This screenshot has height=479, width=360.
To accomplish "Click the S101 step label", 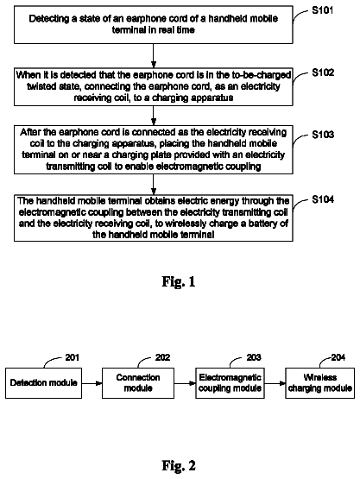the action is (322, 10).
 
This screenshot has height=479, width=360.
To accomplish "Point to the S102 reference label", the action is (323, 72).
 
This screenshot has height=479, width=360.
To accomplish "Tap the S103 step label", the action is (323, 135).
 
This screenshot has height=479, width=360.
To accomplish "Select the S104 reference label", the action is (323, 199).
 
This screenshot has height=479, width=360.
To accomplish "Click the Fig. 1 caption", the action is (179, 281).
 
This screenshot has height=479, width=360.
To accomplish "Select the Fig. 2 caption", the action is (179, 465).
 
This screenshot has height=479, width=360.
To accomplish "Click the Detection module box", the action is (43, 383).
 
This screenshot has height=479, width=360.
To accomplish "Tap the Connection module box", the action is (138, 383).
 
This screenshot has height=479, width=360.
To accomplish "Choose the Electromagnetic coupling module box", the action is (230, 383).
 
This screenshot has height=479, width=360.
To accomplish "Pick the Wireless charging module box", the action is (320, 383).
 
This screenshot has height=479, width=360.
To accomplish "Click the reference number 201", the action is (73, 357).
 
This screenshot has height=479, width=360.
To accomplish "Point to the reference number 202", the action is (162, 357).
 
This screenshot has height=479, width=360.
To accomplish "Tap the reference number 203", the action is (254, 357).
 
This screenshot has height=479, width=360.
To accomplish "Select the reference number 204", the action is (338, 357).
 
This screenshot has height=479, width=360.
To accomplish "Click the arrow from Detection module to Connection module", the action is (92, 383).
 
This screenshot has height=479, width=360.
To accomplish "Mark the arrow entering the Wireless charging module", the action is (275, 383).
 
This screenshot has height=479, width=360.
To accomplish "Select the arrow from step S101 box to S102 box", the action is (154, 55).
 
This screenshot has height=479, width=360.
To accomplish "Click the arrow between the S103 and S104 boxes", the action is (154, 185).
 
